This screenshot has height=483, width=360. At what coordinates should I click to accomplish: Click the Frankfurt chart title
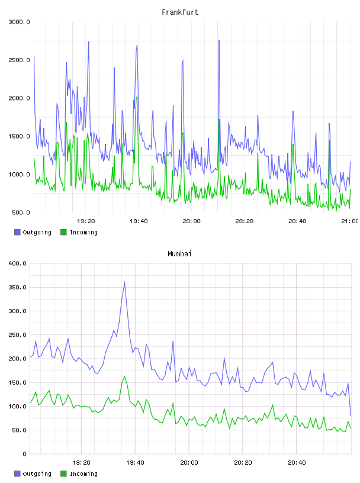coord(180,12)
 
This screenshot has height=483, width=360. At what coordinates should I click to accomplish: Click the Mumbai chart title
coord(179,254)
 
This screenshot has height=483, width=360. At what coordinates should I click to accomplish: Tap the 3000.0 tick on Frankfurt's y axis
coord(19,22)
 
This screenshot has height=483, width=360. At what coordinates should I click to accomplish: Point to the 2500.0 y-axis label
coord(19,60)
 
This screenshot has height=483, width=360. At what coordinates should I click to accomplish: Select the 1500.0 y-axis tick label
coord(19,137)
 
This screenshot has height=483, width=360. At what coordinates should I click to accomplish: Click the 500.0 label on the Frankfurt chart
coord(21,212)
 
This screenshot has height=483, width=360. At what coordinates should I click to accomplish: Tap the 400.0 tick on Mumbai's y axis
coord(17,263)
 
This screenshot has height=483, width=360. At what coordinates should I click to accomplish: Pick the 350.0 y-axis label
coord(17,288)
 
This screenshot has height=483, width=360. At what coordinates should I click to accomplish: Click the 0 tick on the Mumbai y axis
coord(25,454)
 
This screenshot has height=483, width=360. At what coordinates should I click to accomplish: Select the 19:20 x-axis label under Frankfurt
coord(86,221)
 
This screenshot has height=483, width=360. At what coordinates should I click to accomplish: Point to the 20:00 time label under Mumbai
coord(189,463)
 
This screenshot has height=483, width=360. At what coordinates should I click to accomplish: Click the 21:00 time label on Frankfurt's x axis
coord(351,221)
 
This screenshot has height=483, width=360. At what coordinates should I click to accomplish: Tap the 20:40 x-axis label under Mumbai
coord(297,463)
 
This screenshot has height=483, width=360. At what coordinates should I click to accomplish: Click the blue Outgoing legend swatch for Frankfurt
coord(17,232)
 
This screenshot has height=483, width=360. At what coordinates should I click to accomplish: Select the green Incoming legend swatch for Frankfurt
coord(63,232)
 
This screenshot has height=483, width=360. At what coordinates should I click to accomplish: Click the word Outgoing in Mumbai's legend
coord(37,474)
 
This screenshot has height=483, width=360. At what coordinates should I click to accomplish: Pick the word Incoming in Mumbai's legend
coord(83,474)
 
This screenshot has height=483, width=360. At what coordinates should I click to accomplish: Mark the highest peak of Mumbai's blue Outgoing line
coord(124,282)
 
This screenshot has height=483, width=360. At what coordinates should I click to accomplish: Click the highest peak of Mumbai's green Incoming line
coord(124,376)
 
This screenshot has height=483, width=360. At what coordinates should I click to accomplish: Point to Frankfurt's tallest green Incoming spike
coord(137,95)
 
